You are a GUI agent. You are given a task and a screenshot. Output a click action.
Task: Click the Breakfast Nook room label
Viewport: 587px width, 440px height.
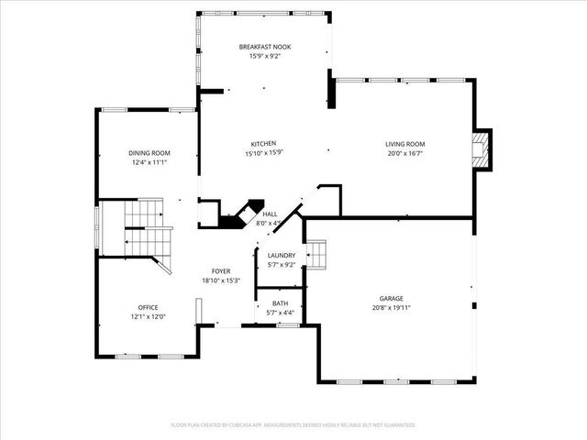[x=264, y=46]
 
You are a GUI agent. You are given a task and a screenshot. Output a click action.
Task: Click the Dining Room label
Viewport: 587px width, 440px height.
[x=149, y=153]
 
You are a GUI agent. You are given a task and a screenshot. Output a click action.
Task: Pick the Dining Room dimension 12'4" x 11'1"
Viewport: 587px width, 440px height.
[x=149, y=162]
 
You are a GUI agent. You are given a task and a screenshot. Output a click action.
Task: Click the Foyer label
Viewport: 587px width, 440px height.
[x=221, y=271]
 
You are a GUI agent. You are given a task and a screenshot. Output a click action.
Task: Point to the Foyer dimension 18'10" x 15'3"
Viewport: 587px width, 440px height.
[x=221, y=280]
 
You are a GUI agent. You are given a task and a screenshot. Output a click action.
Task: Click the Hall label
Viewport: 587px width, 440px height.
[x=270, y=214]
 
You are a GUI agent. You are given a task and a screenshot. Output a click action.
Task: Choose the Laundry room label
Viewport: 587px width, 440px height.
[x=282, y=256]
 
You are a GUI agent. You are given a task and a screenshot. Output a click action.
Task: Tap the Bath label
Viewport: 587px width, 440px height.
[x=280, y=303]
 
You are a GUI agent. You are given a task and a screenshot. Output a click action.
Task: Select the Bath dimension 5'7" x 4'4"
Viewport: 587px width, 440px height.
[x=280, y=313]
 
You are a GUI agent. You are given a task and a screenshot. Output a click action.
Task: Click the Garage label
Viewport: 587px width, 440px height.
[x=392, y=298]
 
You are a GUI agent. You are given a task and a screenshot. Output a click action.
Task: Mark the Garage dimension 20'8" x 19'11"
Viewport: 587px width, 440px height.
[x=392, y=308]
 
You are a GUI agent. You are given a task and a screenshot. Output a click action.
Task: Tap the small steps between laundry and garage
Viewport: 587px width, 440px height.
[x=316, y=254]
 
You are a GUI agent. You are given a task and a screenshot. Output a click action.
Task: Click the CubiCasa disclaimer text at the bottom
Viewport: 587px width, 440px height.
[x=293, y=425]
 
